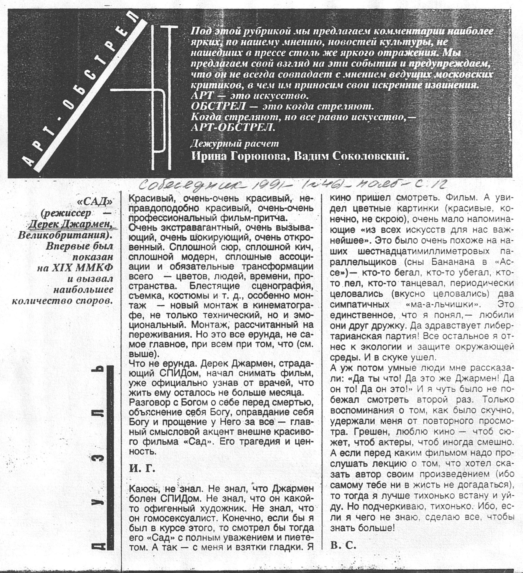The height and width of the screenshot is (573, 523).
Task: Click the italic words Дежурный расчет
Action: coord(235,143)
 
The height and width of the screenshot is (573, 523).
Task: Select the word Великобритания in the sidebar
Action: coord(64,235)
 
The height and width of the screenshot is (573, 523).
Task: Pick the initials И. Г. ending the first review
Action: coord(142,469)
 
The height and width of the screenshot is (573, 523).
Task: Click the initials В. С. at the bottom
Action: coord(343,545)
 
